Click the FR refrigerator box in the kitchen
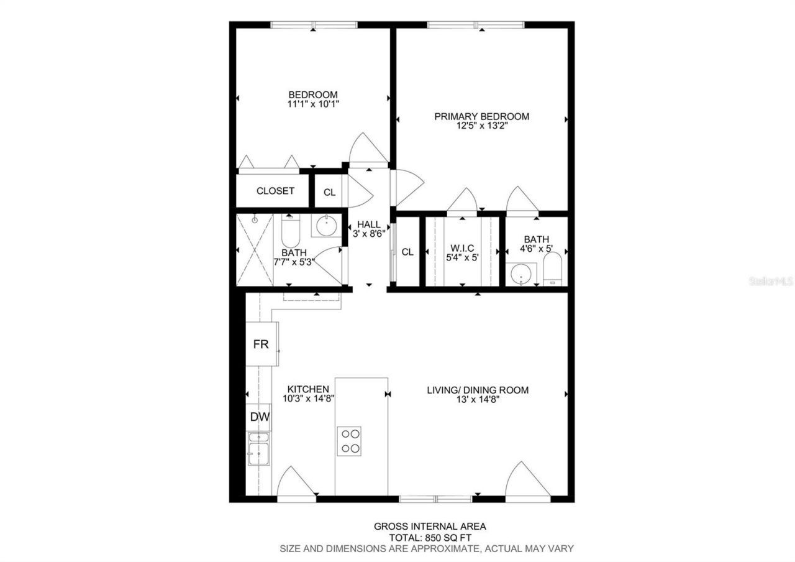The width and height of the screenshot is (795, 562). pos(261,344)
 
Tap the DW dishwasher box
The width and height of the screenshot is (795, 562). pos(260,417)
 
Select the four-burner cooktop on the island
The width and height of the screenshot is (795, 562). pos(348,441)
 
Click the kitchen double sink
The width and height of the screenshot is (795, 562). pos(258,448)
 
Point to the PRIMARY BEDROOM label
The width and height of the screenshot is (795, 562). pos(481,116)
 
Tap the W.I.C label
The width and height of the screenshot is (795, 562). pos(463,247)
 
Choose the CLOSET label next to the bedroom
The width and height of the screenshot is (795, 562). pos(275,191)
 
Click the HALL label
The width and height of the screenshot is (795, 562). pos(368,224)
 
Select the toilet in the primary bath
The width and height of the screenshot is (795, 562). pos(552,269)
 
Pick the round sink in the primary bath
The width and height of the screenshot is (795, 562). pos(520,274)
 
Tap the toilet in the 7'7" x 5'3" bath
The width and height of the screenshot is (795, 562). pos(290,233)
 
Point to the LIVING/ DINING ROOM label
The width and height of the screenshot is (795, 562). pos(478,390)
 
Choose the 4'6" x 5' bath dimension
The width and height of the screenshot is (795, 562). pos(536,249)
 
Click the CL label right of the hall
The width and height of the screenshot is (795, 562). pos(407,252)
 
